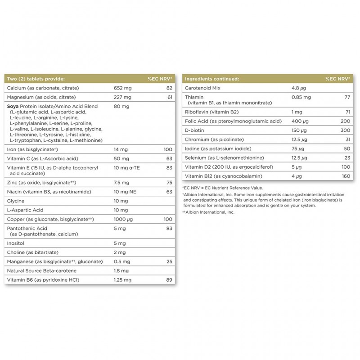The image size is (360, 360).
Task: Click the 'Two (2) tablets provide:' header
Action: coord(36,78)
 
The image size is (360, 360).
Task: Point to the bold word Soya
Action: coord(13,106)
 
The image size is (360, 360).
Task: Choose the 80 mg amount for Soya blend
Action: coord(122,106)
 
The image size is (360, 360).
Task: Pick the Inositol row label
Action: coord(17,243)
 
